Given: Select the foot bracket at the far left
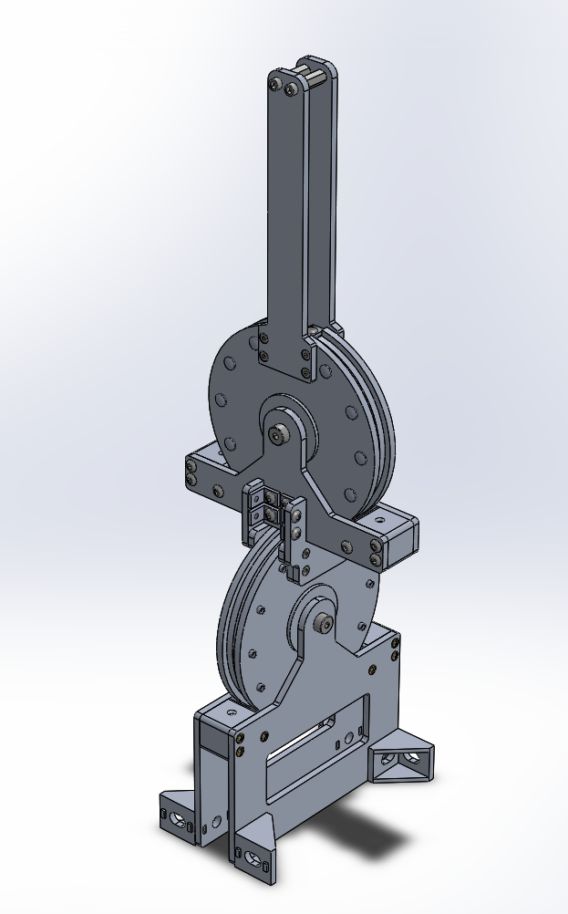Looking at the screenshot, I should (x=178, y=814).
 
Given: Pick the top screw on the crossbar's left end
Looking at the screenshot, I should (x=191, y=469).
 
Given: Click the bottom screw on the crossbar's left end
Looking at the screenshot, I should (x=191, y=481).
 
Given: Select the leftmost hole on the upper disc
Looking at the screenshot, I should (x=220, y=399).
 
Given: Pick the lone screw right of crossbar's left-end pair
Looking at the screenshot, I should (x=217, y=491).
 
